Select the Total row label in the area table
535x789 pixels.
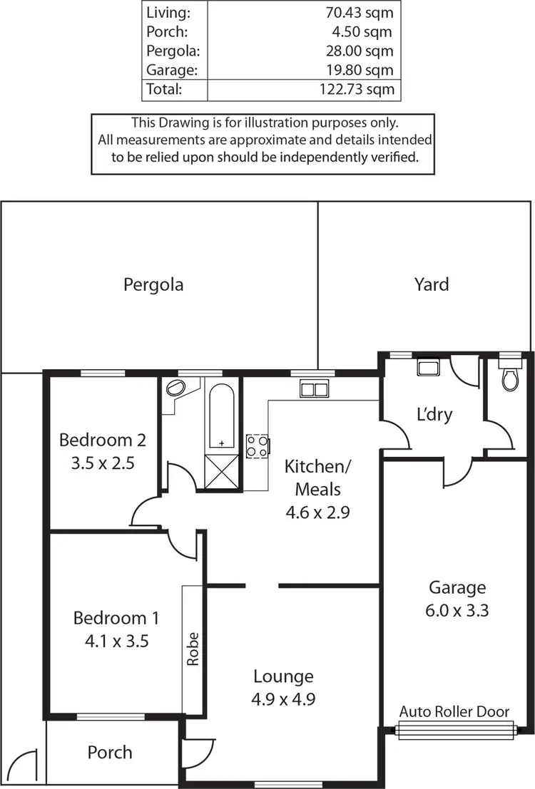pyautogui.click(x=163, y=90)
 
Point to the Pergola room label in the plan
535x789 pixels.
pyautogui.click(x=153, y=285)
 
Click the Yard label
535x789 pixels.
pyautogui.click(x=432, y=285)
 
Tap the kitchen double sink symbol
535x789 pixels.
pyautogui.click(x=313, y=389)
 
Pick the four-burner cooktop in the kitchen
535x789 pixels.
pyautogui.click(x=258, y=446)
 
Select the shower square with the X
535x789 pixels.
pyautogui.click(x=222, y=471)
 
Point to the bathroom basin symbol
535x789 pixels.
pyautogui.click(x=175, y=389)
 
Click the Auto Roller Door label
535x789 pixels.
pyautogui.click(x=454, y=711)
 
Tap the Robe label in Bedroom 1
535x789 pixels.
pyautogui.click(x=193, y=649)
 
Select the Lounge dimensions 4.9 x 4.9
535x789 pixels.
pyautogui.click(x=283, y=699)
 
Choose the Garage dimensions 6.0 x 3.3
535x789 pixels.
pyautogui.click(x=457, y=610)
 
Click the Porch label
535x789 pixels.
pyautogui.click(x=110, y=752)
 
